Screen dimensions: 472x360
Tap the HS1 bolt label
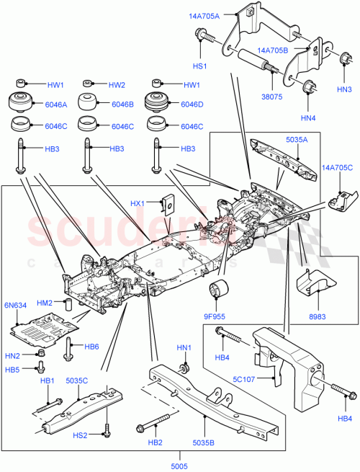pyautogui.click(x=199, y=66)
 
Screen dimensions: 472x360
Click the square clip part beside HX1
pyautogui.click(x=170, y=205)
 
